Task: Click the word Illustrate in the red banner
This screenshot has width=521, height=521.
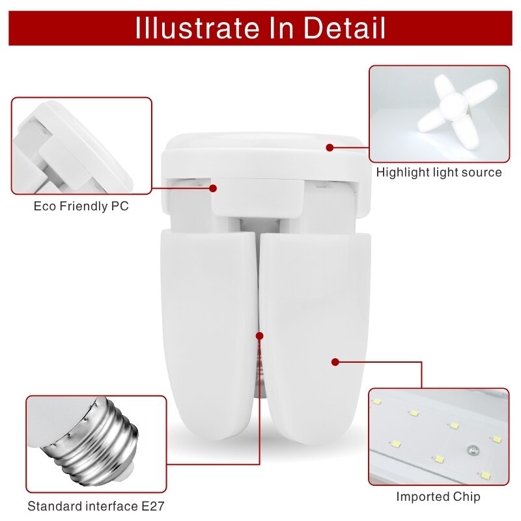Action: pos(197,28)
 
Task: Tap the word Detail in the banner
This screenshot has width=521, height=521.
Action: pos(345,28)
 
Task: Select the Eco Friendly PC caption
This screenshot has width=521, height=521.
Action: pos(81,206)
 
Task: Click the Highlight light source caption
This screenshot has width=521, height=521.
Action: pos(439,173)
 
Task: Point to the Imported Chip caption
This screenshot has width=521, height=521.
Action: pos(438,497)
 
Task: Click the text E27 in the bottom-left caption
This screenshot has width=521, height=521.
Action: pos(153,506)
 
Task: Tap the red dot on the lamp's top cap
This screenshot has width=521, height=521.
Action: pos(330,148)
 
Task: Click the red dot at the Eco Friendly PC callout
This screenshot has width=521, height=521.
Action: pos(213,188)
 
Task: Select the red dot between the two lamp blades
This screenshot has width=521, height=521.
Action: pos(260,336)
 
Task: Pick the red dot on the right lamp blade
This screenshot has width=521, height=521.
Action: pos(335,362)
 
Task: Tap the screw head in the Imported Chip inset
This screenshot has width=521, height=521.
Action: pos(472,451)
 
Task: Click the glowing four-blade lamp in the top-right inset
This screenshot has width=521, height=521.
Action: pos(455,109)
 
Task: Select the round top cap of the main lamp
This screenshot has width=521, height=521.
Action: pos(265,156)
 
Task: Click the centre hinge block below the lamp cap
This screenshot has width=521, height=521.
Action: pos(258,197)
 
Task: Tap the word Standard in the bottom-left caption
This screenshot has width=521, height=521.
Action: pos(55,506)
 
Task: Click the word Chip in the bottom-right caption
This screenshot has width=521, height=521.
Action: pos(466,497)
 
